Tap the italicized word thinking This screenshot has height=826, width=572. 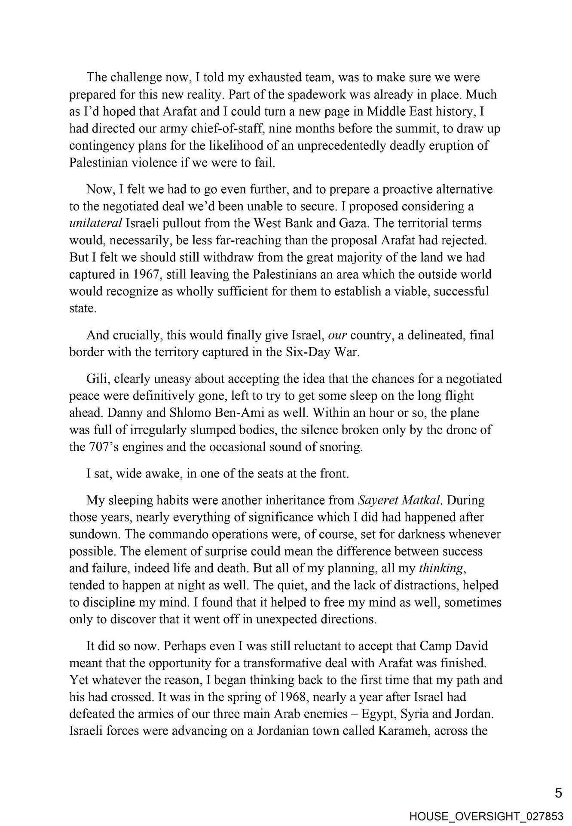point(441,569)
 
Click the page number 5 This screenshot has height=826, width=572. point(558,792)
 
